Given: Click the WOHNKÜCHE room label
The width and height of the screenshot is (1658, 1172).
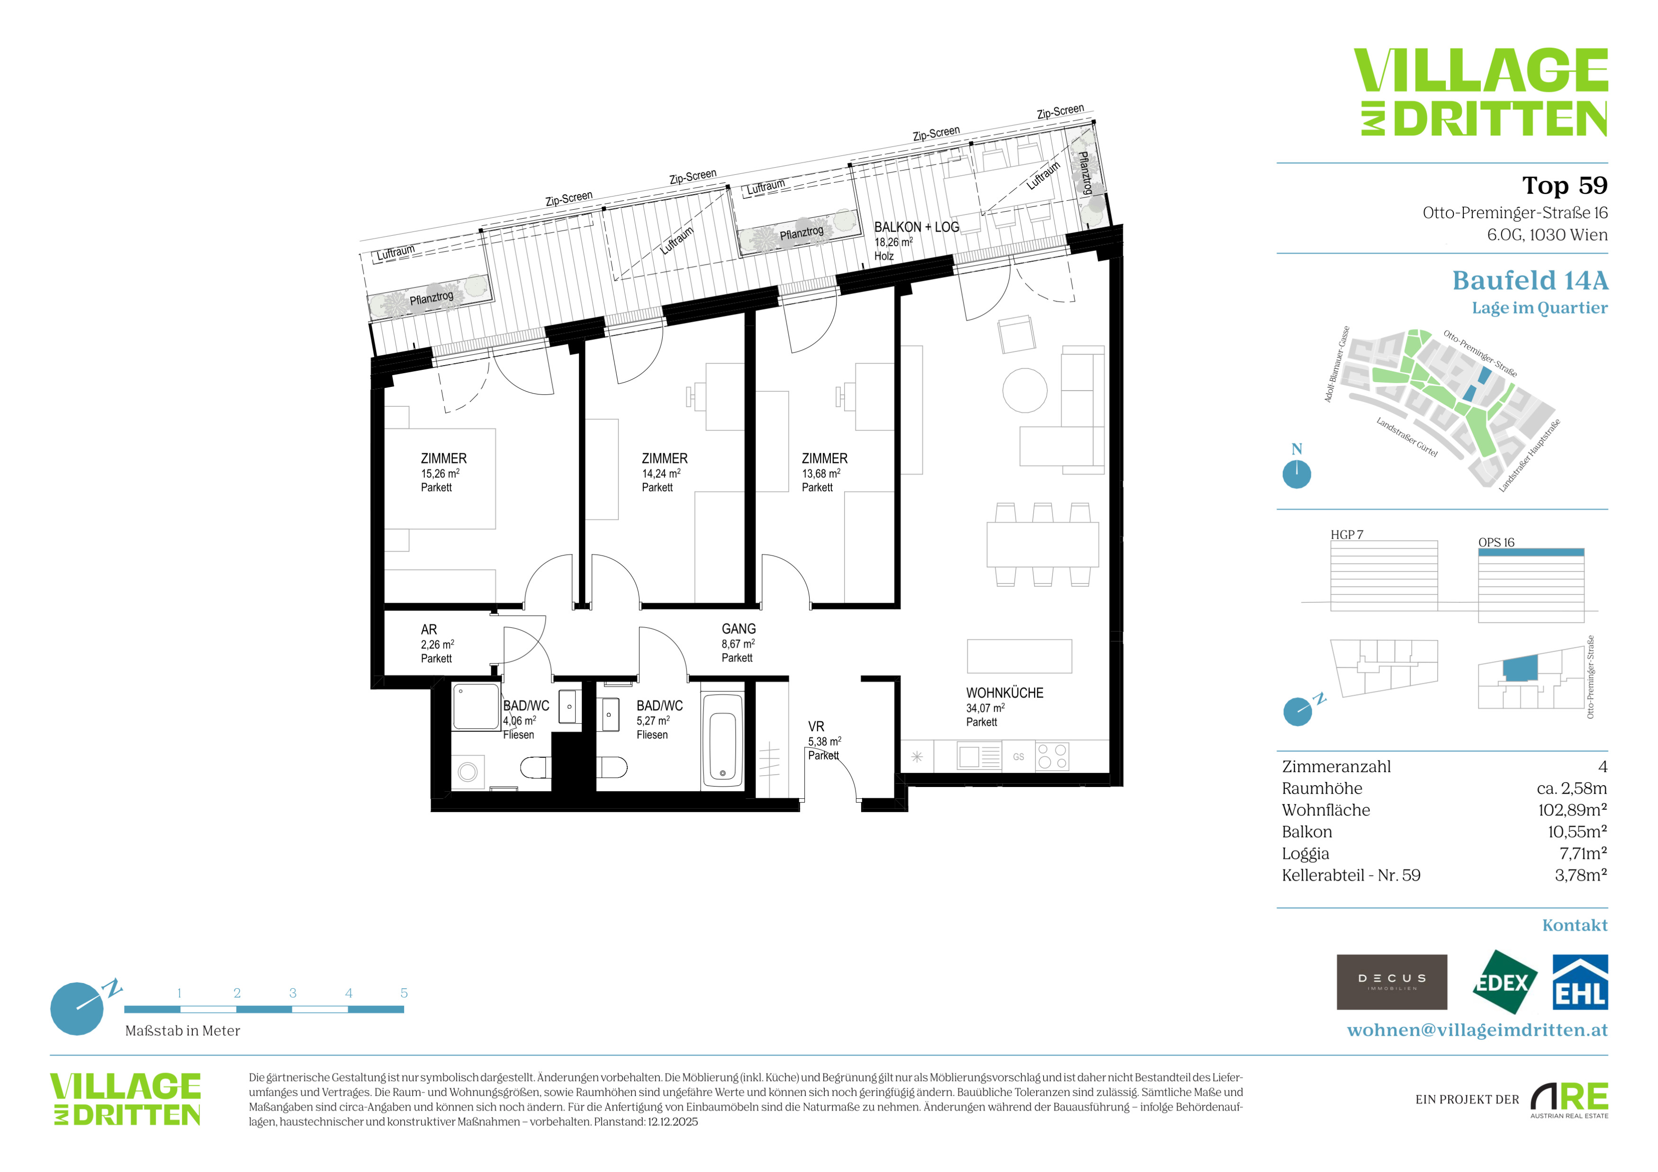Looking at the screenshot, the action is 1004,693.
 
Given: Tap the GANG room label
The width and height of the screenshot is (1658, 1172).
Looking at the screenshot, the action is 739,628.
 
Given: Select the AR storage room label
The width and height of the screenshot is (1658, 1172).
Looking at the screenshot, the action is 429,629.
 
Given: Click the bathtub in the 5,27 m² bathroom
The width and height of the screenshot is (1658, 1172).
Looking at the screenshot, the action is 722,741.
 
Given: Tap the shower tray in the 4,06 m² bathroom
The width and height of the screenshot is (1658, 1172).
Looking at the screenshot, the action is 476,707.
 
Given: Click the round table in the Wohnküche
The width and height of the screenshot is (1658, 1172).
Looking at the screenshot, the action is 1024,390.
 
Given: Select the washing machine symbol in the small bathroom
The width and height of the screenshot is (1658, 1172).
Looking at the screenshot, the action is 468,771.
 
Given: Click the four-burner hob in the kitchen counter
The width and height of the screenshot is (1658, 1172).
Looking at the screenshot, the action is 1052,756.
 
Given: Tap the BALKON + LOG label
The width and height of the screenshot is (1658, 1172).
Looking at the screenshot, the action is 916,227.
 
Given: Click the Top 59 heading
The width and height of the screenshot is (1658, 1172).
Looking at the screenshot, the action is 1565,186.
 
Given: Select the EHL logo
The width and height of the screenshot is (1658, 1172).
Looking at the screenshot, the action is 1580,982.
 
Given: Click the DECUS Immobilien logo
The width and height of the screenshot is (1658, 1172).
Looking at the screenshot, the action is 1392,982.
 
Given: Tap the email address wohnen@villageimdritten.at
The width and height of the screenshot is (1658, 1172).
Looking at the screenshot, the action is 1478,1030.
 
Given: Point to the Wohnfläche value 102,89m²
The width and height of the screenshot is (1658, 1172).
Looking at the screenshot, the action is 1572,810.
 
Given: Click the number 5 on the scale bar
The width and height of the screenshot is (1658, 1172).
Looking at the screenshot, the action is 404,993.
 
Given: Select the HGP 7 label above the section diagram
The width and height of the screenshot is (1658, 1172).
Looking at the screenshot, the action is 1347,535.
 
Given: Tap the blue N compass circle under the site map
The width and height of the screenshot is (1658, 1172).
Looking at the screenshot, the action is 1297,474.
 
